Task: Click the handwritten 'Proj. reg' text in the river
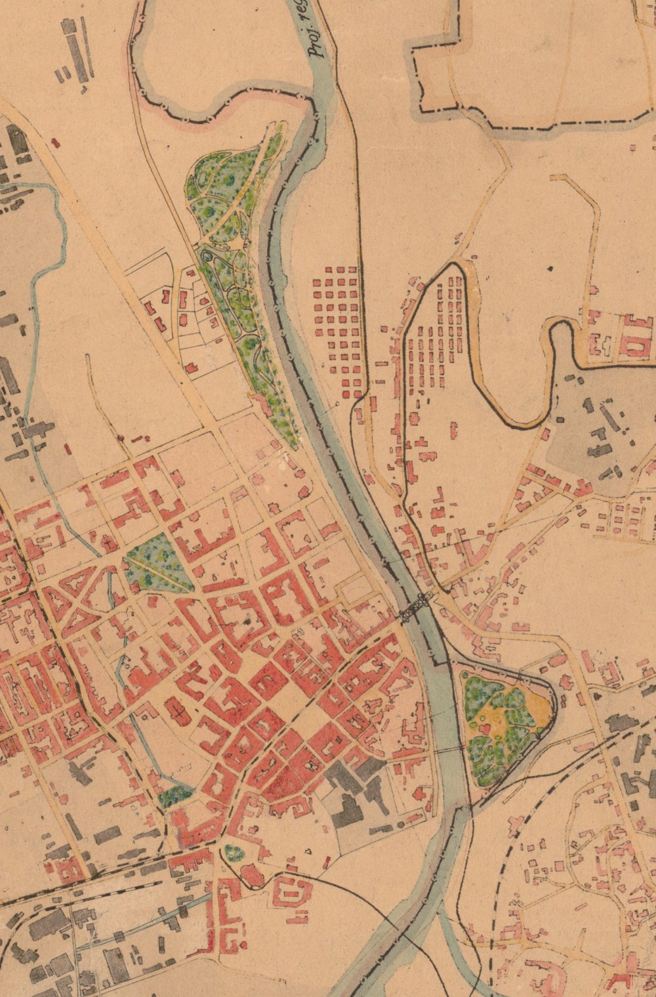coord(319,39)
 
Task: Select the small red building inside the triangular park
coord(485,727)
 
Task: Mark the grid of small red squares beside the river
coord(337,330)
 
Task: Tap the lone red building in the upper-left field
coord(55,142)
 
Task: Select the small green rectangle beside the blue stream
coord(174,797)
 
